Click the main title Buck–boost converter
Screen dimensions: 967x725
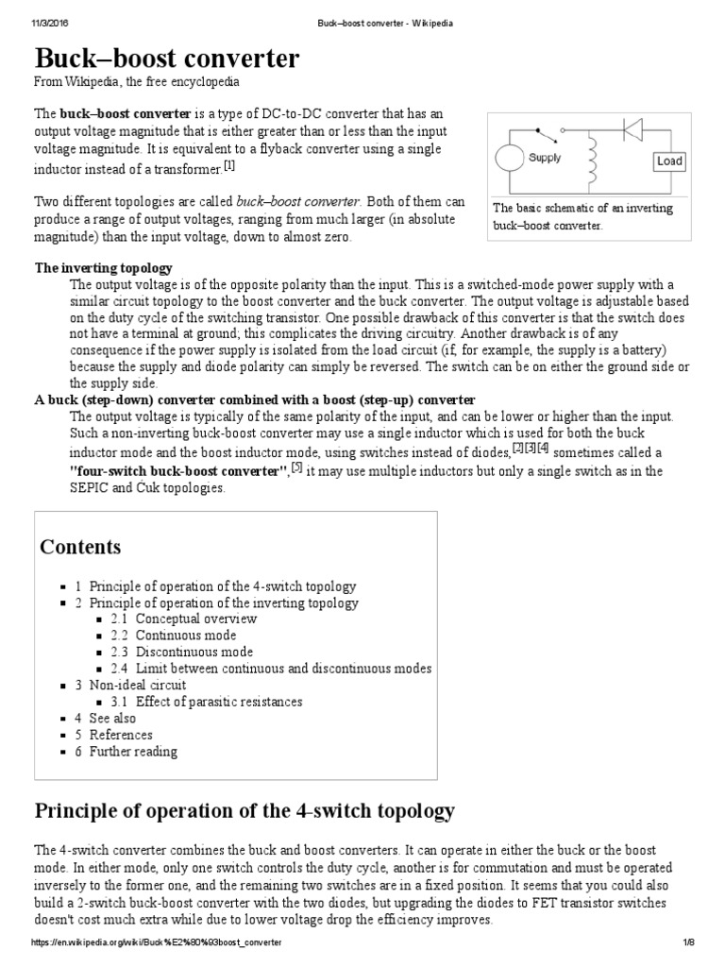tap(167, 59)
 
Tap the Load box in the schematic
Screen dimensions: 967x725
tap(668, 161)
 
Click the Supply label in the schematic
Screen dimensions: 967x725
tap(545, 158)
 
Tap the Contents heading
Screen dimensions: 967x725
tap(80, 548)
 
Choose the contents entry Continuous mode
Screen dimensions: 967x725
tap(185, 636)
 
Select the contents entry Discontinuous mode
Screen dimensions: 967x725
tap(194, 652)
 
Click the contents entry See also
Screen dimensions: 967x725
tap(112, 718)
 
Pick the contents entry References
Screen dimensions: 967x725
tap(120, 735)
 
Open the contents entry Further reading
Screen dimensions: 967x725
tap(132, 752)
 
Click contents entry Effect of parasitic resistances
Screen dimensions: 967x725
tap(218, 702)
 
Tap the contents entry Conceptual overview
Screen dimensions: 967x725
tap(195, 619)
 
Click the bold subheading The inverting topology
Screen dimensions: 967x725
tap(104, 268)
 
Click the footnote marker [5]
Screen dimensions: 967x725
tap(296, 467)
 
